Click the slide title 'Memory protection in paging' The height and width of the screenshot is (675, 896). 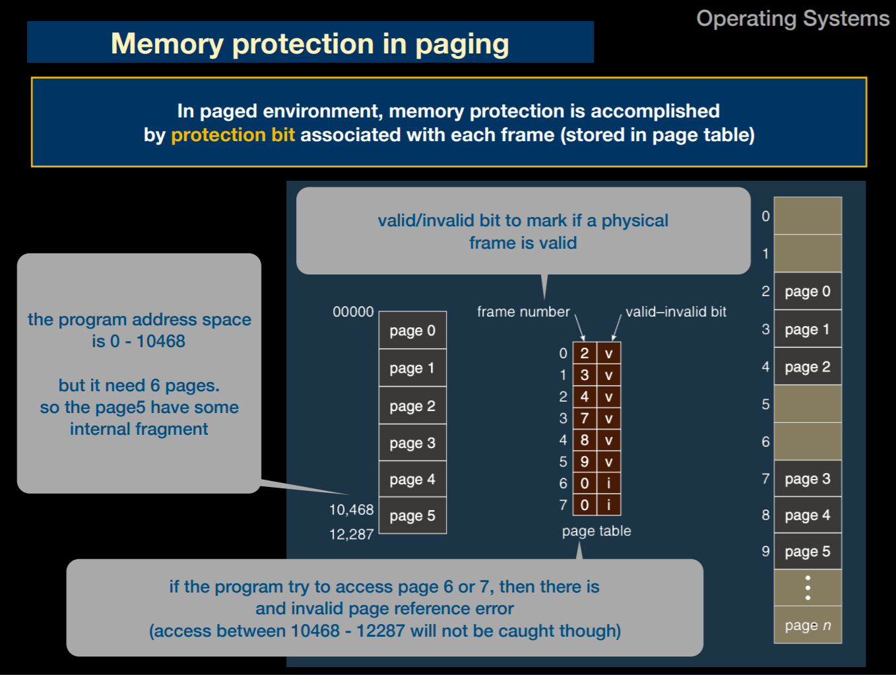(309, 44)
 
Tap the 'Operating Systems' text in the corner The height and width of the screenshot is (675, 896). (792, 18)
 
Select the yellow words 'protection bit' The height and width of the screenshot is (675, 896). (232, 135)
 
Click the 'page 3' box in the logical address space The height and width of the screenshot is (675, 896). (412, 443)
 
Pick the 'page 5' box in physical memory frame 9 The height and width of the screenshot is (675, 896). (807, 551)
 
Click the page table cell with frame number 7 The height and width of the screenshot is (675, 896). (585, 418)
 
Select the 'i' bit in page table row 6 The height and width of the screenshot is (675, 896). (608, 483)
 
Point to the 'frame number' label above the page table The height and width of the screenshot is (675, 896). (523, 311)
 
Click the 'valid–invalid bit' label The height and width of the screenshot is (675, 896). (676, 311)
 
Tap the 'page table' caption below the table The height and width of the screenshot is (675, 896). (596, 530)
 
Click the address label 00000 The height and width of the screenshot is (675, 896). (353, 311)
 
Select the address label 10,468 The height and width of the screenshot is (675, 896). (351, 509)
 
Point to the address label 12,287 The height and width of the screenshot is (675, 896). (351, 534)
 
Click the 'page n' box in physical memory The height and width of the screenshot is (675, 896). (807, 625)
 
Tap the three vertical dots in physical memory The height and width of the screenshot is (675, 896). (807, 587)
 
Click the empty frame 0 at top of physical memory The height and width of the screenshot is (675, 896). (807, 216)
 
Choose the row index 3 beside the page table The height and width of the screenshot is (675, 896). (563, 418)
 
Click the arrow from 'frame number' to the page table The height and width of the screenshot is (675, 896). (580, 327)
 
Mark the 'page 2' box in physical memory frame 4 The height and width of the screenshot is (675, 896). (807, 367)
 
